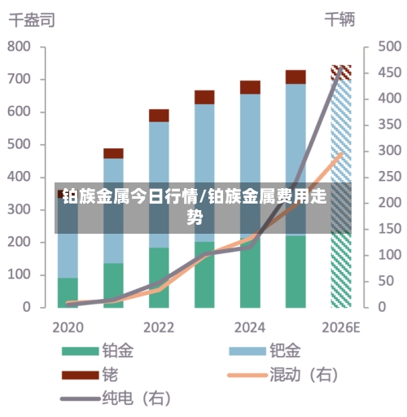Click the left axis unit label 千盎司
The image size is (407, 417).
coord(32,20)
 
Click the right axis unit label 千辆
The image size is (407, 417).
coord(340,20)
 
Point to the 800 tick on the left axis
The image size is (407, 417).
coord(19,47)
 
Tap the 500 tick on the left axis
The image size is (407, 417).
coord(19,145)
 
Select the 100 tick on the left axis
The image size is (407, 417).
coord(19,275)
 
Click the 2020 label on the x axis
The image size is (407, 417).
coord(68,327)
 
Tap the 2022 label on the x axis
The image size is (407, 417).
coord(159,327)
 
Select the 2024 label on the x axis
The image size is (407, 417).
coord(250,327)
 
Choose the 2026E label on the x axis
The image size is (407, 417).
coord(341,327)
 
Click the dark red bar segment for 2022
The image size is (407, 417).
coord(159,115)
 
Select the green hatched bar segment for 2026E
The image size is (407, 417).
coord(341,269)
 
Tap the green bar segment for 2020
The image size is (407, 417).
coord(68,292)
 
